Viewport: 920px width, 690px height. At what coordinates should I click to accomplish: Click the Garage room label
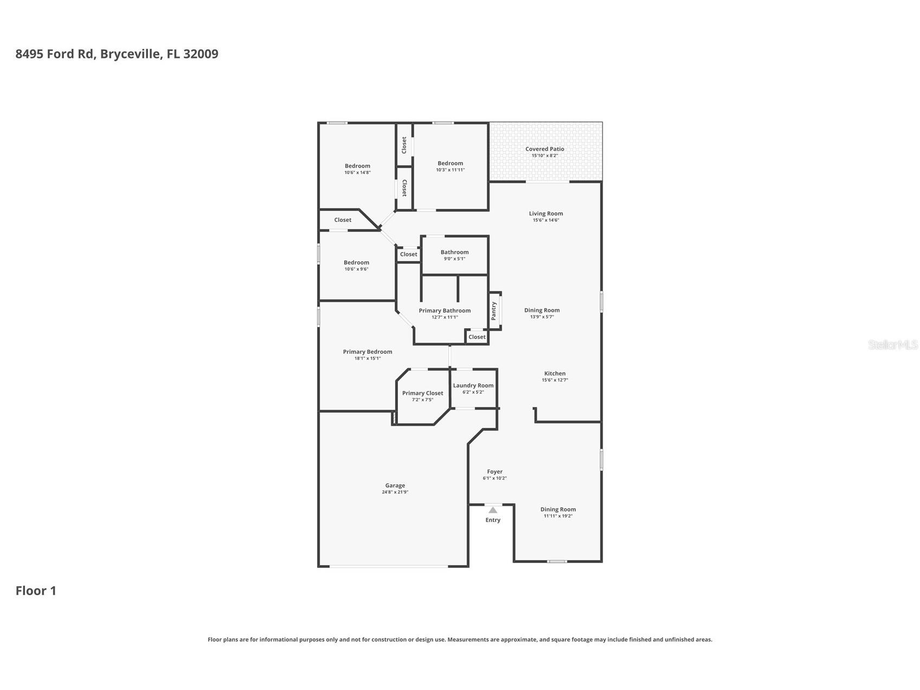point(395,485)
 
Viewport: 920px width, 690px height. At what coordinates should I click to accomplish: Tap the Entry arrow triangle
point(493,510)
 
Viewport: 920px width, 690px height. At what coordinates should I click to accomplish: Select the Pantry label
point(494,311)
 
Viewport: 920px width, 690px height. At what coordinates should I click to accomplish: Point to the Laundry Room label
point(473,386)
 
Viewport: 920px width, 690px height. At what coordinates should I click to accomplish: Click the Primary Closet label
point(423,393)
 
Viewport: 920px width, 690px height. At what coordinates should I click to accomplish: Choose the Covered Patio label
point(545,149)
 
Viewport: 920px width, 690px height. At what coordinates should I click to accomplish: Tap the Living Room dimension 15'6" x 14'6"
point(546,220)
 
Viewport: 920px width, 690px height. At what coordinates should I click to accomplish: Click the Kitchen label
point(555,373)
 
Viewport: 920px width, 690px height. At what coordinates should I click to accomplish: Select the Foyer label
point(495,471)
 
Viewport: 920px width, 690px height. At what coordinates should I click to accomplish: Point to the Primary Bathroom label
point(445,311)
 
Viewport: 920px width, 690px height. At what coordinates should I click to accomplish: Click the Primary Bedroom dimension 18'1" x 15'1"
point(368,359)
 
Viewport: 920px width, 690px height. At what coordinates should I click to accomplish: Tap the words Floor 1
point(36,591)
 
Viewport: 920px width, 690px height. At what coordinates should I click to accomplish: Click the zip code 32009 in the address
point(201,54)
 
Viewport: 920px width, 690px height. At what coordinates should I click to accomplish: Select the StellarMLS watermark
point(893,344)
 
